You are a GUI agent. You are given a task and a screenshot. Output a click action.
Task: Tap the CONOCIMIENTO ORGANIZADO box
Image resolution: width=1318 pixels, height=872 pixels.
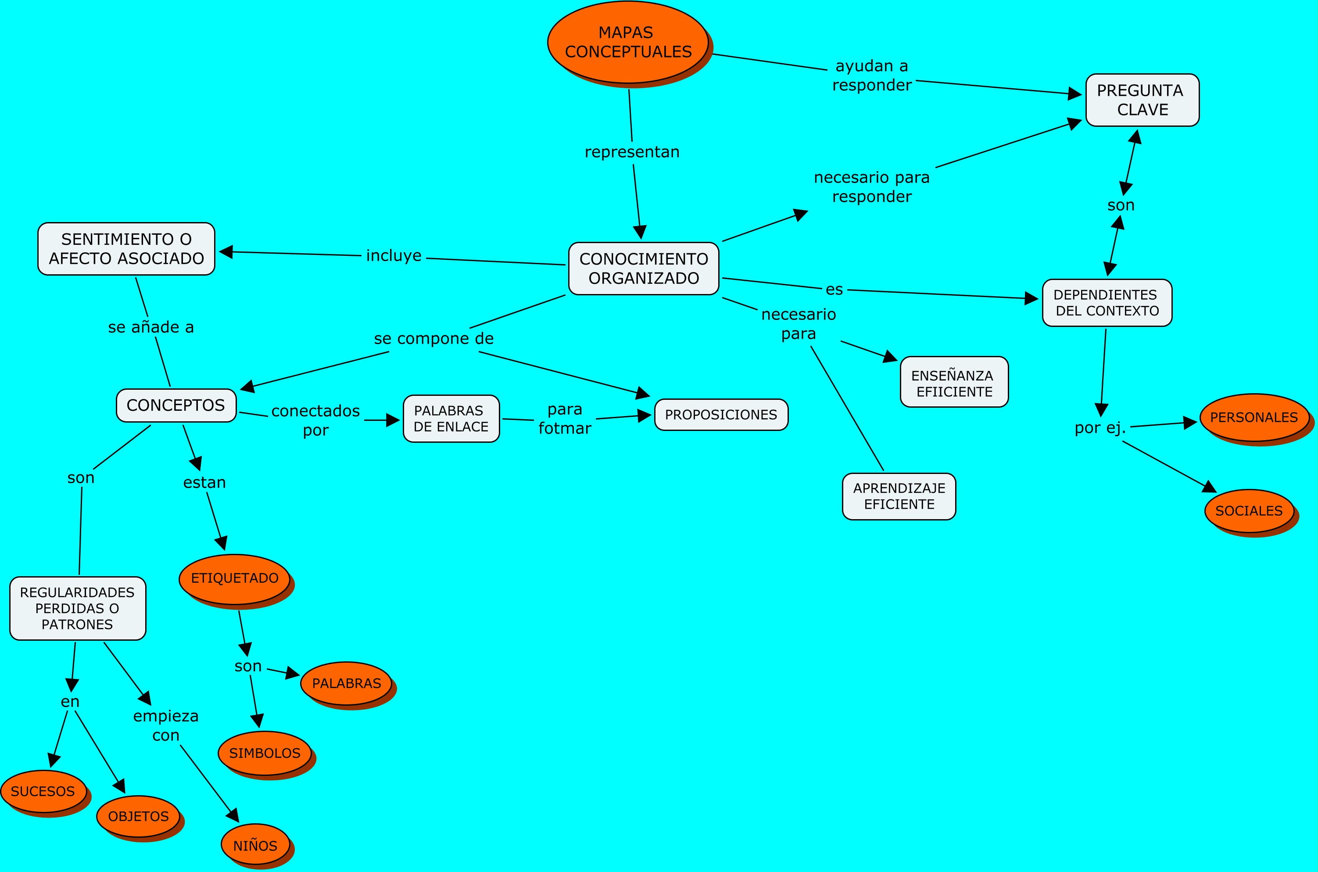click(644, 269)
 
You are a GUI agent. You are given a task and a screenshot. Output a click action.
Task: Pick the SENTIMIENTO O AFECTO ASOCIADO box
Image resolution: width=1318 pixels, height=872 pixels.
click(126, 248)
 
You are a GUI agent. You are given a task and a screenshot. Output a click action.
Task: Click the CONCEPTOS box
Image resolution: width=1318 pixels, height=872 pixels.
click(175, 405)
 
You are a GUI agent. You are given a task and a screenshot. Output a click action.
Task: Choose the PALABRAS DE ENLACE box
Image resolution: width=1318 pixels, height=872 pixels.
click(451, 419)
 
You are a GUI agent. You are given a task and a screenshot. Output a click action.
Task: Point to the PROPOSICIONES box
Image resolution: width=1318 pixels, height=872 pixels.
click(721, 415)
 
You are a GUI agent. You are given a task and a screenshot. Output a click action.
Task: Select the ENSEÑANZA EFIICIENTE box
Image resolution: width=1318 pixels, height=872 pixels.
click(954, 382)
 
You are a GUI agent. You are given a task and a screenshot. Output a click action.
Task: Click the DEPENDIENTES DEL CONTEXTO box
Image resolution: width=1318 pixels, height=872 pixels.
click(1107, 302)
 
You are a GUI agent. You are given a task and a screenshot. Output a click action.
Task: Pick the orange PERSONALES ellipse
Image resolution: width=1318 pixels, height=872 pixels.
click(1254, 417)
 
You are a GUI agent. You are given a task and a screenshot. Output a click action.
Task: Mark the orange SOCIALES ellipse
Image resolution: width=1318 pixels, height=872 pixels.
click(1249, 510)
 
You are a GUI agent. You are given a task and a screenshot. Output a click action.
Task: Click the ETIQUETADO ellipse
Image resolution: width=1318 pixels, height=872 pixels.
click(235, 578)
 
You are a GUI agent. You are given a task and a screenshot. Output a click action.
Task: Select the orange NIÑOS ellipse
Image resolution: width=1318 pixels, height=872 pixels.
click(255, 845)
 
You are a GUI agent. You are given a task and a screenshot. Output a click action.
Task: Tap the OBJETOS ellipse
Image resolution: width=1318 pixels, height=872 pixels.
click(138, 816)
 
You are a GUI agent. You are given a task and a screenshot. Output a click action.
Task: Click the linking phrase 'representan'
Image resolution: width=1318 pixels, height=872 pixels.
click(632, 152)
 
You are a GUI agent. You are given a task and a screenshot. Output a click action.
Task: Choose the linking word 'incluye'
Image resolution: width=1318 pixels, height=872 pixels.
click(394, 255)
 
